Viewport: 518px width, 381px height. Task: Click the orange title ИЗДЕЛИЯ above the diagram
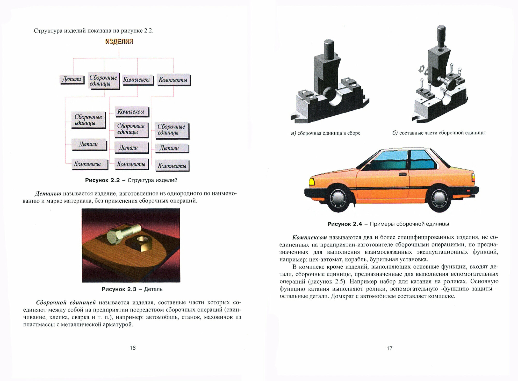[x=119, y=41]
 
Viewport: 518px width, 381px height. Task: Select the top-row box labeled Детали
[x=72, y=79]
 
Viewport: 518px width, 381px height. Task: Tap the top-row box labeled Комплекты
[x=173, y=80]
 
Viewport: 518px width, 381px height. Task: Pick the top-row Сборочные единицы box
[x=103, y=81]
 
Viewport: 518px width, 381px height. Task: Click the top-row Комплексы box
[x=136, y=80]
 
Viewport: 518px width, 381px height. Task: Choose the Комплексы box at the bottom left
[x=88, y=164]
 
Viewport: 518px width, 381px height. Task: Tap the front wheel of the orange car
[x=339, y=198]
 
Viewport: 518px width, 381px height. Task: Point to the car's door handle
[x=402, y=174]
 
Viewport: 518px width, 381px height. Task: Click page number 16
[x=133, y=348]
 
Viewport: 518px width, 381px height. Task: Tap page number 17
[x=390, y=348]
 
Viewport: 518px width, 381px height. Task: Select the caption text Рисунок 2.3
[x=119, y=289]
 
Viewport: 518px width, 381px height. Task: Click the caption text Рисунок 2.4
[x=344, y=224]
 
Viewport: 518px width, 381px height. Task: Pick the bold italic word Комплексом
[x=310, y=237]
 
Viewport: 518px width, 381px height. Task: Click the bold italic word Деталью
[x=48, y=194]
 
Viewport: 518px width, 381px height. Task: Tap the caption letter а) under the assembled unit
[x=293, y=133]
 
